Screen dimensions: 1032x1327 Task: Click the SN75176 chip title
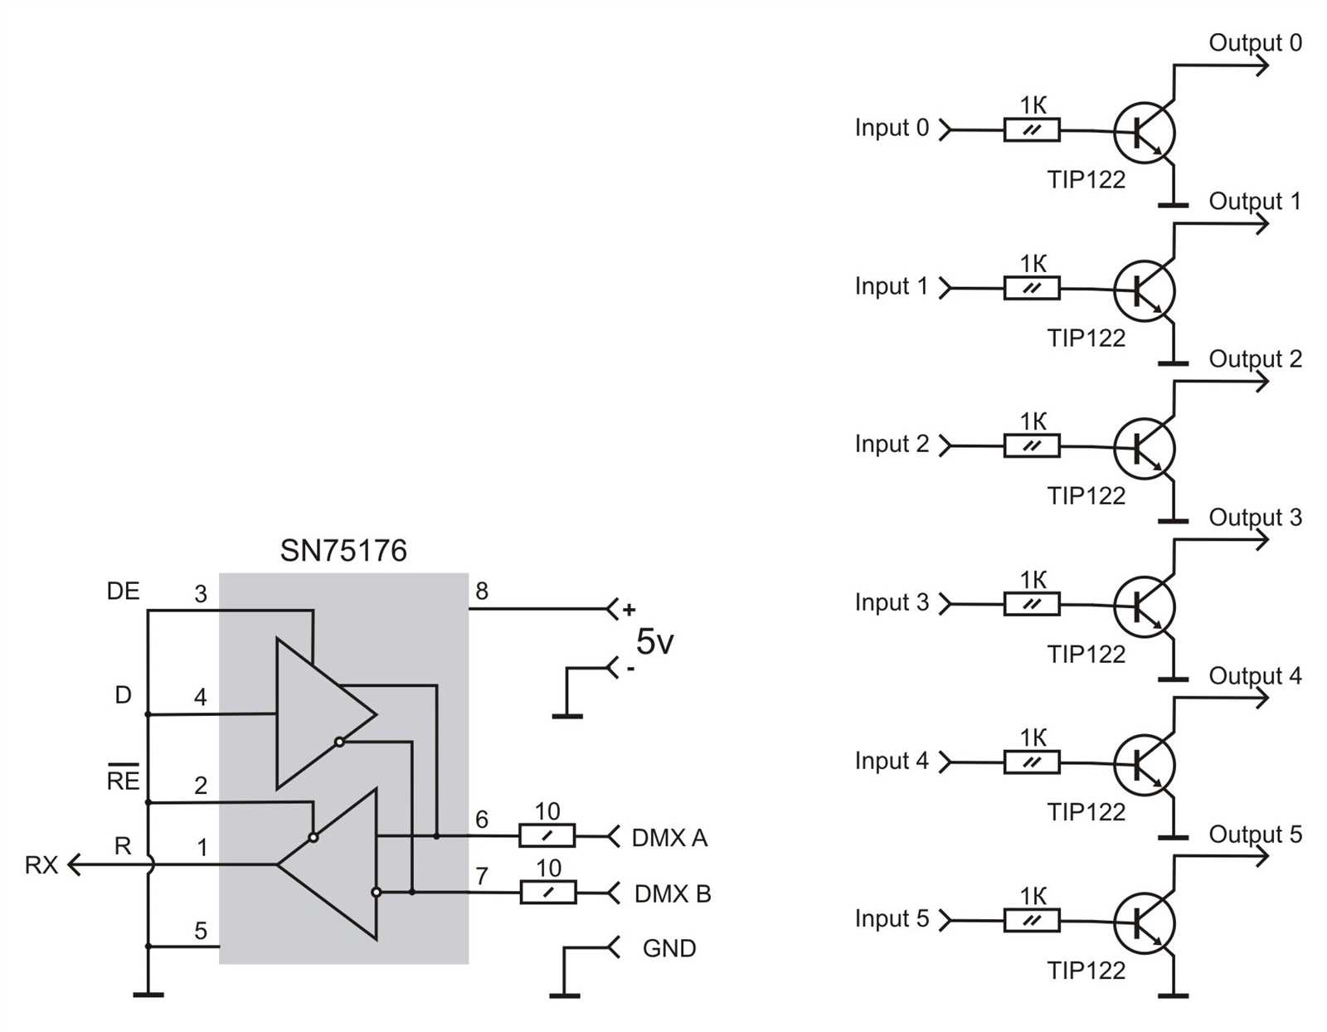[343, 551]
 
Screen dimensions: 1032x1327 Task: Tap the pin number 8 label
[482, 591]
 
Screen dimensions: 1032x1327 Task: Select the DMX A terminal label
[669, 838]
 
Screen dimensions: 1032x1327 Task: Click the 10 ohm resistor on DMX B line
[547, 893]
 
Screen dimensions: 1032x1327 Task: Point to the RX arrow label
[41, 865]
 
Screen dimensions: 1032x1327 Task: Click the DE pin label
[123, 591]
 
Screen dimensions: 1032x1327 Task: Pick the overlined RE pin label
[123, 780]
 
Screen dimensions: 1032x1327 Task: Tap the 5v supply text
[654, 641]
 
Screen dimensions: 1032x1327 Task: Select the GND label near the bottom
[668, 948]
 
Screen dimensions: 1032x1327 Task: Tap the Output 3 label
[1255, 518]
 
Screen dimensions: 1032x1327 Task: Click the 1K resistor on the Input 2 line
[1031, 446]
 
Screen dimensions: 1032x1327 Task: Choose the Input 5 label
[892, 919]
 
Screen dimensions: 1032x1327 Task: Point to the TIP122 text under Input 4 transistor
[1086, 812]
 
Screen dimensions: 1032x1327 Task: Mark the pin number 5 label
[201, 931]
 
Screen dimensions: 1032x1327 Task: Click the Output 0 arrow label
[1255, 43]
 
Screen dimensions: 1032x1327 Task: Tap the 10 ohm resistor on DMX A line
[547, 835]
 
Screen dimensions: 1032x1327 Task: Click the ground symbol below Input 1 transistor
[1173, 363]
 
